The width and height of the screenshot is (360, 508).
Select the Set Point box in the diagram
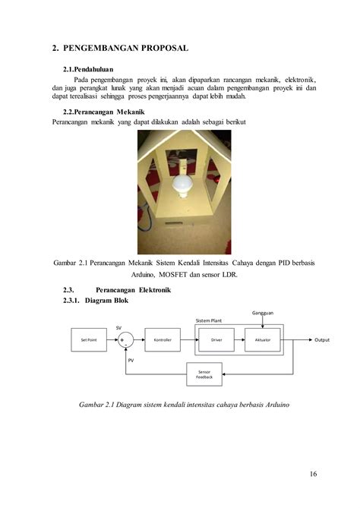pos(89,339)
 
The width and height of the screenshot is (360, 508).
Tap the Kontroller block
pos(162,339)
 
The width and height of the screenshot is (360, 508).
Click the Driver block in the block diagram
pos(216,339)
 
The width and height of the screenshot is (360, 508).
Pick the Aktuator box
pos(262,339)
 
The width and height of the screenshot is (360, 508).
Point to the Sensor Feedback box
pos(204,374)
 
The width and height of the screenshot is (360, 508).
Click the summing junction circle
pos(126,339)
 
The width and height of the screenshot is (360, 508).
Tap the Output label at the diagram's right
pos(322,339)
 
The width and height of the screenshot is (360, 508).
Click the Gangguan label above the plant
pos(263,313)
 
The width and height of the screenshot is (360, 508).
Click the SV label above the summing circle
pos(118,327)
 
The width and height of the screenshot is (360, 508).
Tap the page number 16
pos(313,475)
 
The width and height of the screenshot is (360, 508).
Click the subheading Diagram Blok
pos(107,301)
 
